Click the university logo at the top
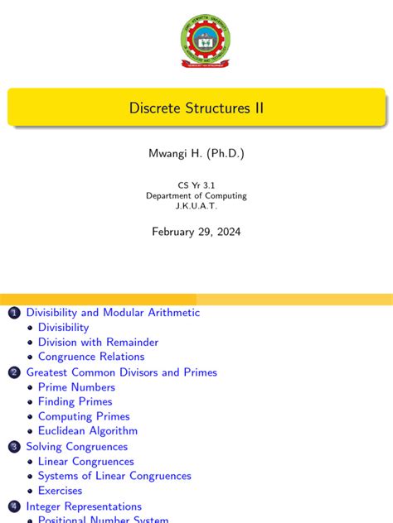point(205,41)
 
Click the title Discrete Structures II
point(196,108)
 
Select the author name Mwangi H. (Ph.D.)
point(196,154)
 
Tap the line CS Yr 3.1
point(196,185)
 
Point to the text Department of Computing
point(196,196)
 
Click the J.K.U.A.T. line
point(196,206)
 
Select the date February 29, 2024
point(196,232)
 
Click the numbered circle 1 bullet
point(13,313)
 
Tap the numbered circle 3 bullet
point(13,447)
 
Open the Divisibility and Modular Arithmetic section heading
point(113,313)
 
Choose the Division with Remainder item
point(98,342)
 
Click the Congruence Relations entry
point(91,357)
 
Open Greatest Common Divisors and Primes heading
point(121,372)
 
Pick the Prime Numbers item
point(76,387)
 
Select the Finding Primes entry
point(75,402)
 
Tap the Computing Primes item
point(84,416)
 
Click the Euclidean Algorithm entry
point(88,431)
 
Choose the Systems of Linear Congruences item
point(114,476)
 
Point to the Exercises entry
point(60,491)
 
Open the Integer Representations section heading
point(84,506)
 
